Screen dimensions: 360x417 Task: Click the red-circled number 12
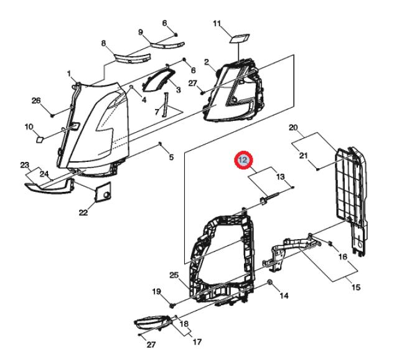point(243,161)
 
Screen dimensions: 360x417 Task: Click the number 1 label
point(69,73)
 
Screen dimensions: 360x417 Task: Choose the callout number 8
point(104,43)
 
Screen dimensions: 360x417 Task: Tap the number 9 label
point(140,32)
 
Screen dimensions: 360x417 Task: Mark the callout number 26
point(35,100)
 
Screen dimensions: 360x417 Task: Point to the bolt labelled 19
point(171,306)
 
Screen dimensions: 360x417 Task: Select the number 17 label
point(197,341)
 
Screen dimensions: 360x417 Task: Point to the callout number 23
point(25,165)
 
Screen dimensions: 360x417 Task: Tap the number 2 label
point(208,62)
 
